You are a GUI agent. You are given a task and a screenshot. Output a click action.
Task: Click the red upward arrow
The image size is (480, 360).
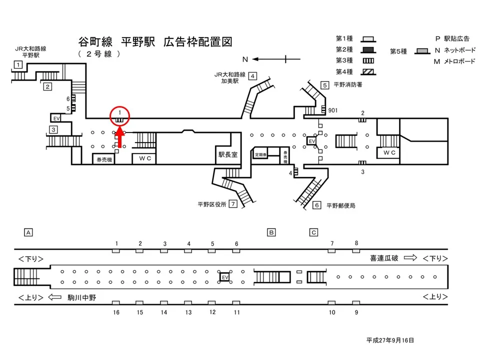[120, 137]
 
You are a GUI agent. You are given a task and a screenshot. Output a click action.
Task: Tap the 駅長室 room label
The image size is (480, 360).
[227, 155]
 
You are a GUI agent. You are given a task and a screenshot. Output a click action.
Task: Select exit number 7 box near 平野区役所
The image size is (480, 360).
[232, 204]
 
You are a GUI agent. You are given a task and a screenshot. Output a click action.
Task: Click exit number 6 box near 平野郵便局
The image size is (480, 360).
[316, 205]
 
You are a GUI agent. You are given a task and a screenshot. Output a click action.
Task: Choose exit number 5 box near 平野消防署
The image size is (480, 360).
[324, 85]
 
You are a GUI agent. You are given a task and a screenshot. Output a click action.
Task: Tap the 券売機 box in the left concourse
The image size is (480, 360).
[103, 159]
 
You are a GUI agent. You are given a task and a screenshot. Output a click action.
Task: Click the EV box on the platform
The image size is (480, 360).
[225, 276]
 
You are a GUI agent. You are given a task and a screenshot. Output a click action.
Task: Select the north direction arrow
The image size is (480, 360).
[270, 59]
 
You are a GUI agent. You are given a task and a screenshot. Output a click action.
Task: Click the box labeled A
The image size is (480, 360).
[28, 232]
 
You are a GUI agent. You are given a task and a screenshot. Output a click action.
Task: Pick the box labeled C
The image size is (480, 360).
[313, 232]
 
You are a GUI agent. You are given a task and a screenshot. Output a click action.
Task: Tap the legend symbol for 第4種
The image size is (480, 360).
[368, 71]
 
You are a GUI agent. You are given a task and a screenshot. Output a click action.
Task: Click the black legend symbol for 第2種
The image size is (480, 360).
[368, 49]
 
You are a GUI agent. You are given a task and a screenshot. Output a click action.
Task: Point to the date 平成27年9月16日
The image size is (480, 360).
[390, 340]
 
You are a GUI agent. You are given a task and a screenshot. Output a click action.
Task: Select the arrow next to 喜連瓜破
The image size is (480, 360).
[410, 258]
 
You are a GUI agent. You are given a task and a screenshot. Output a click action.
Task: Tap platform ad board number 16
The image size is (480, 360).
[116, 303]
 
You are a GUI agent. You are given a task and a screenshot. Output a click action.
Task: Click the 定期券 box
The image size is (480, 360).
[260, 155]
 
